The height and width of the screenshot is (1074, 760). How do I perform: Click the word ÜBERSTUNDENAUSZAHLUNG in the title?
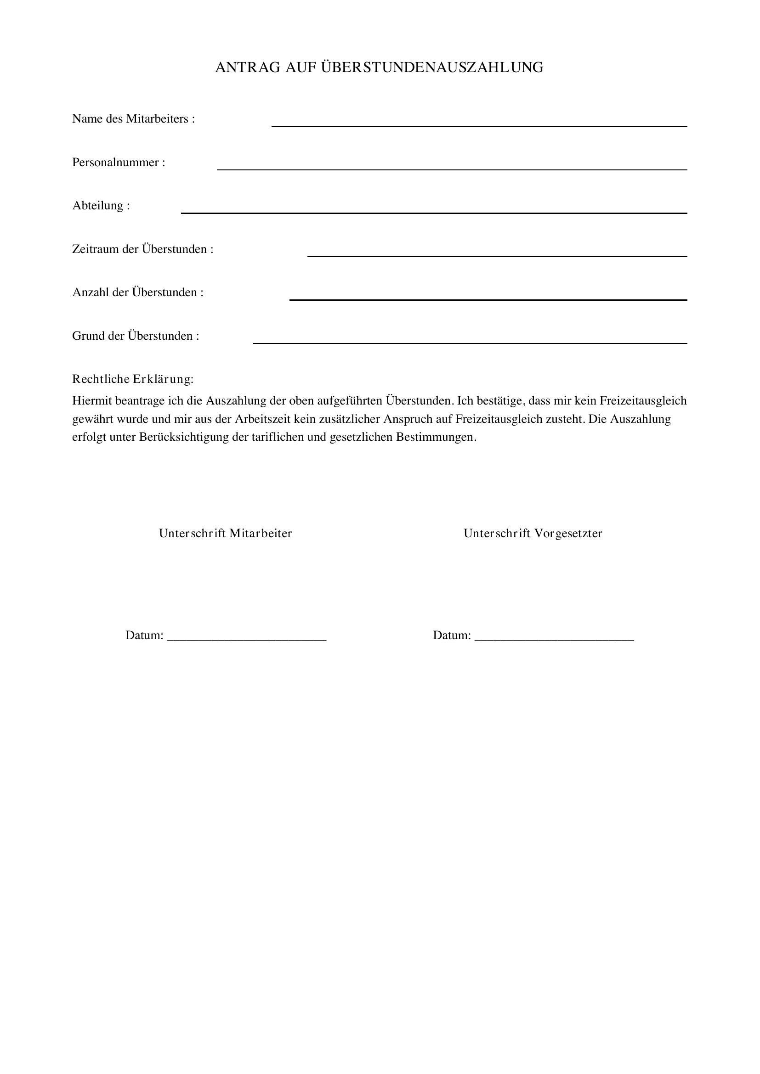coord(432,67)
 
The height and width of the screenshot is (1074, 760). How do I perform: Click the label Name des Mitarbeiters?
coord(133,119)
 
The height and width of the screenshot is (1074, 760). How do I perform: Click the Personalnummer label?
coord(119,162)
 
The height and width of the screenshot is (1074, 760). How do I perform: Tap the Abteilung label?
coord(101,206)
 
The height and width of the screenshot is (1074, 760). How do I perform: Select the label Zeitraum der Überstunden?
coord(142,249)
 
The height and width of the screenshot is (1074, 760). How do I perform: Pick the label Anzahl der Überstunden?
coord(137,292)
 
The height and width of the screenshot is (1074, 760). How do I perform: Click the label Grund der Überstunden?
coord(135,336)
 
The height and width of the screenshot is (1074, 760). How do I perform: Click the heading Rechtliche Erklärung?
coord(132,379)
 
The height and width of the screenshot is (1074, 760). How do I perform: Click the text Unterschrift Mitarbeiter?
coord(225,533)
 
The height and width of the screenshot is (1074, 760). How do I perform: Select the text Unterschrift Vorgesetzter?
coord(533,533)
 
